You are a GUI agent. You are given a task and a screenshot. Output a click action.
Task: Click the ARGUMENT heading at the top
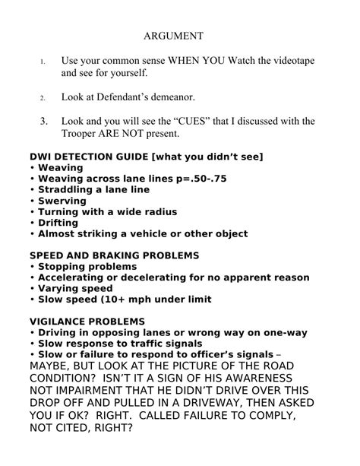pyautogui.click(x=174, y=36)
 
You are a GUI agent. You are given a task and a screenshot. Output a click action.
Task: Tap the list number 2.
pyautogui.click(x=43, y=98)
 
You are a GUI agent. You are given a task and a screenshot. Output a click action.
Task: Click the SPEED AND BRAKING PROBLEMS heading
pyautogui.click(x=114, y=255)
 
